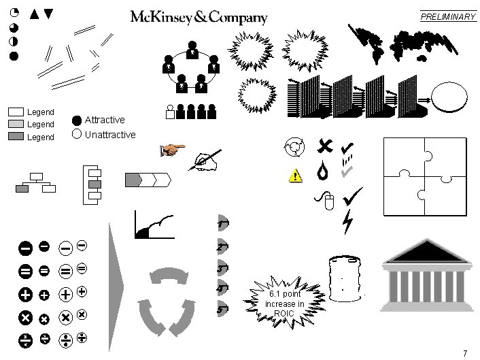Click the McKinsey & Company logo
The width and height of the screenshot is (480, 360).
[199, 18]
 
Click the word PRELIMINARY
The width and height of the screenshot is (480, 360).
[448, 17]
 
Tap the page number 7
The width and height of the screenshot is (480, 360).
[464, 353]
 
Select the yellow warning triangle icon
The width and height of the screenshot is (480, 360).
[295, 176]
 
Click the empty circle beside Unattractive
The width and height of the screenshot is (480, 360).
[77, 134]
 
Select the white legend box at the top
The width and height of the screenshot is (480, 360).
[16, 112]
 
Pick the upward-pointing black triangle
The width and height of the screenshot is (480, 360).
[35, 12]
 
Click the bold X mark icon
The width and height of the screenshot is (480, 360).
[325, 145]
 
